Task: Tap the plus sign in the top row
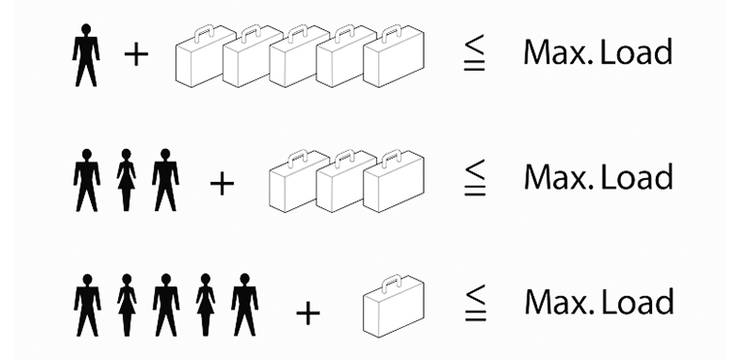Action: click(x=136, y=55)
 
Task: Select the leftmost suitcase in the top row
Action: click(x=206, y=57)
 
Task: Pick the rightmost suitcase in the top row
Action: click(x=394, y=57)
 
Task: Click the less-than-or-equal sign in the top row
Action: click(x=474, y=53)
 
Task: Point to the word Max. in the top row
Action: click(x=558, y=52)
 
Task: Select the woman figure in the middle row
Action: click(x=126, y=180)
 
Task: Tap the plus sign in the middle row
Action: click(x=222, y=184)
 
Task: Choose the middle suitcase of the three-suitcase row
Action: click(x=347, y=182)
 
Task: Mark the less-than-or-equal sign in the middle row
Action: click(x=474, y=178)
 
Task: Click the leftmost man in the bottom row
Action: click(x=87, y=305)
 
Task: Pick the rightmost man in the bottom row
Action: click(x=245, y=305)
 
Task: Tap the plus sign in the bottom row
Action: click(x=309, y=314)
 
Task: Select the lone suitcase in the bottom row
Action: click(x=394, y=307)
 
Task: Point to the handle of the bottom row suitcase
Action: click(x=392, y=282)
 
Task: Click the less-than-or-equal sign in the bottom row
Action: click(x=475, y=303)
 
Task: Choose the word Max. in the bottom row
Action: click(x=559, y=302)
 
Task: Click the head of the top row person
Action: click(x=85, y=29)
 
